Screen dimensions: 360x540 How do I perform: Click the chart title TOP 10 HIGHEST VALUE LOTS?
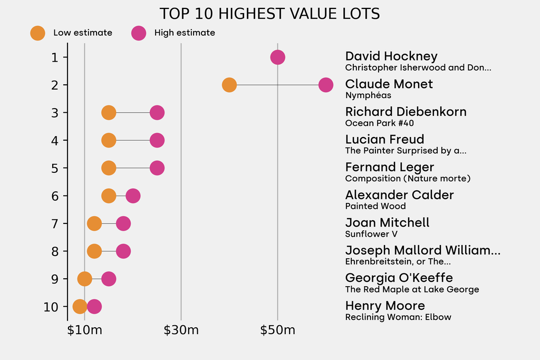(269, 14)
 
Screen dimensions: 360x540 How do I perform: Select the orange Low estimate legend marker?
(38, 33)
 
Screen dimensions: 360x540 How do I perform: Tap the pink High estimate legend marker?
(139, 33)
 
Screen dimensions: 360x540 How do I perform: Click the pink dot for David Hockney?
(278, 57)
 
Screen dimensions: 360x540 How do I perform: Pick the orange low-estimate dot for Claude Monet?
(229, 85)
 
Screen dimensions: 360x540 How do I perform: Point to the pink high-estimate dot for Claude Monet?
(326, 85)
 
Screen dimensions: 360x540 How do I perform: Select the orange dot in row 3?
(109, 113)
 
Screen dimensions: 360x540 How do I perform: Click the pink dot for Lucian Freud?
(157, 140)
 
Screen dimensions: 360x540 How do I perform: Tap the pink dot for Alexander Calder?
(133, 196)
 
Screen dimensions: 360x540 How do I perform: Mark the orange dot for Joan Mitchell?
(94, 223)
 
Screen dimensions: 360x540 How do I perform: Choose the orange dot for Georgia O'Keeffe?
(84, 279)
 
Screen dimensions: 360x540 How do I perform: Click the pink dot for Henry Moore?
(94, 307)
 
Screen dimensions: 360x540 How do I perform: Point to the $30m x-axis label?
(181, 331)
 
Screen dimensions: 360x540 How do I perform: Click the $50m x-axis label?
(278, 331)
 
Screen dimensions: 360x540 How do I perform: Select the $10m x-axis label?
(84, 331)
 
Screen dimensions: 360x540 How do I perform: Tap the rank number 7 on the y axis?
(55, 223)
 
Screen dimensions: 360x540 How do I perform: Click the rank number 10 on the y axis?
(52, 307)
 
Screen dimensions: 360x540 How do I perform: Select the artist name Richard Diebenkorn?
(406, 112)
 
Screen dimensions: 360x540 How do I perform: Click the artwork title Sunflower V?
(371, 234)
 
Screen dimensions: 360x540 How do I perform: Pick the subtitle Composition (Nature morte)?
(408, 179)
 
